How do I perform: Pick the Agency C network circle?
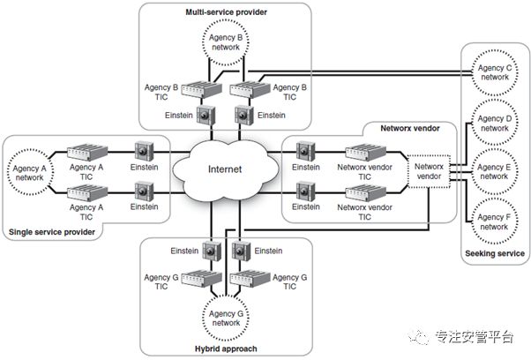pos(494,72)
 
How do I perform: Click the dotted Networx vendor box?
pos(430,169)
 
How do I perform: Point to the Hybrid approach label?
pos(225,349)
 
